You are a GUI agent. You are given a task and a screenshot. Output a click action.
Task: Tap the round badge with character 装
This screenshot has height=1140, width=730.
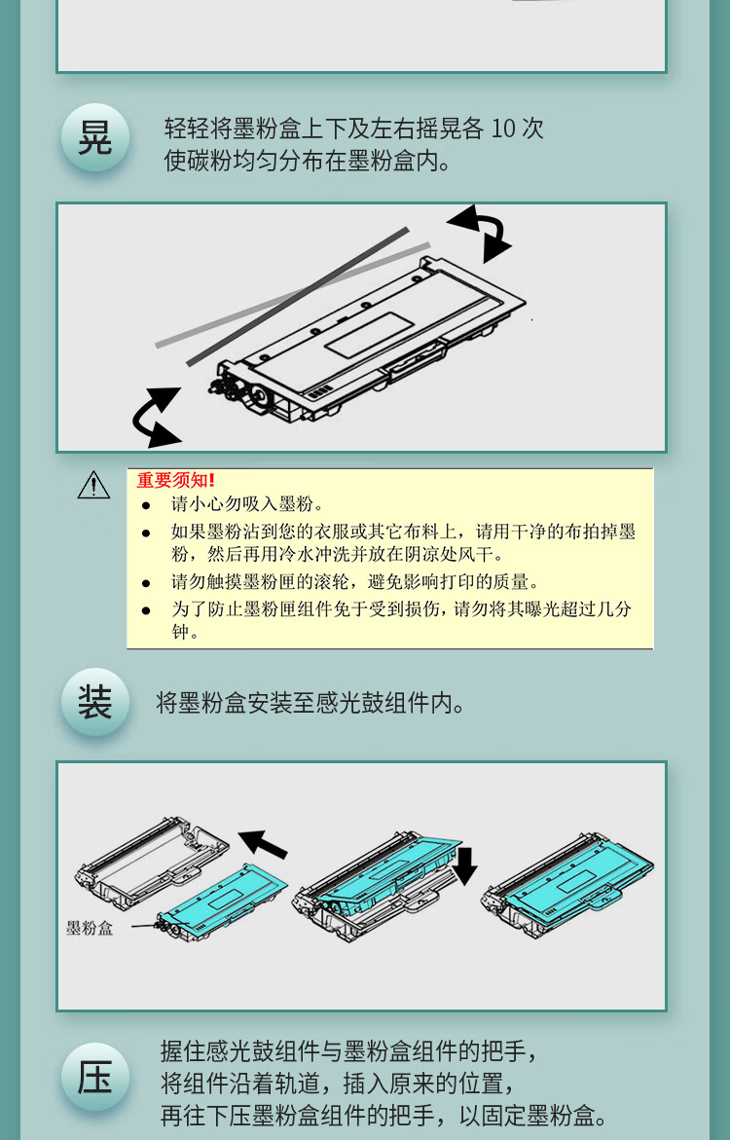pyautogui.click(x=95, y=702)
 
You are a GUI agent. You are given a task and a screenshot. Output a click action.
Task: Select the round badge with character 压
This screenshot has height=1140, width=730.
pyautogui.click(x=95, y=1078)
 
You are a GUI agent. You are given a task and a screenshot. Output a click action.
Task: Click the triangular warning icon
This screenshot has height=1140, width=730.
pyautogui.click(x=93, y=486)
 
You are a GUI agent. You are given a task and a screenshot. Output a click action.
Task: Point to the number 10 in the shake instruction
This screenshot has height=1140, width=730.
pyautogui.click(x=502, y=129)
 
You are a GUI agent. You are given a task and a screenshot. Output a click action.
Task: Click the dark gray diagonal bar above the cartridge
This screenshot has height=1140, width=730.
pyautogui.click(x=298, y=297)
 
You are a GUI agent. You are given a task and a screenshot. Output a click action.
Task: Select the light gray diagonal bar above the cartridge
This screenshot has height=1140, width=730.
pyautogui.click(x=293, y=294)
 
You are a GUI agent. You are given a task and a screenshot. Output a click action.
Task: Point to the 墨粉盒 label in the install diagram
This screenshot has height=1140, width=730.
pyautogui.click(x=90, y=928)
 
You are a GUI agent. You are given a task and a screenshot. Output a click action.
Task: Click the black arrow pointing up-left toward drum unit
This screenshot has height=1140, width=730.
pyautogui.click(x=263, y=843)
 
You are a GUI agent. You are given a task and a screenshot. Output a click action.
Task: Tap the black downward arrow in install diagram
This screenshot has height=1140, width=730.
pyautogui.click(x=464, y=864)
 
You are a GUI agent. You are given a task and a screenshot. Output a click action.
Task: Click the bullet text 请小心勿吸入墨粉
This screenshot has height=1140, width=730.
pyautogui.click(x=247, y=504)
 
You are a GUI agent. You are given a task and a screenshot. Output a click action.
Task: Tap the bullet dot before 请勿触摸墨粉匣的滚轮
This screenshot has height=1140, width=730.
pyautogui.click(x=146, y=583)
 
